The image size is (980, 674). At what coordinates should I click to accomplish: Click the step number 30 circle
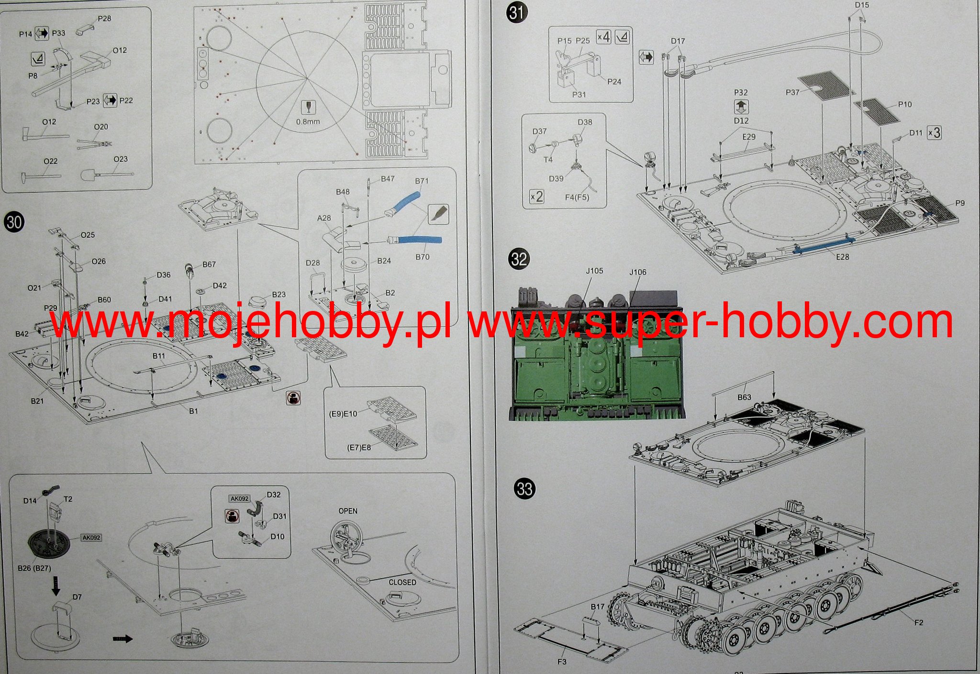tap(14, 222)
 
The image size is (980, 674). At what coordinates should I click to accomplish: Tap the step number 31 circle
tap(516, 12)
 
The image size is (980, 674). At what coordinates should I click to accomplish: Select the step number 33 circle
tap(524, 489)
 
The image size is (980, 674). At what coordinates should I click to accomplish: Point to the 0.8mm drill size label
tap(308, 122)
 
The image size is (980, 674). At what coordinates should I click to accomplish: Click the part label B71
tap(422, 181)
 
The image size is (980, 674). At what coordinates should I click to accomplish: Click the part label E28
tap(842, 257)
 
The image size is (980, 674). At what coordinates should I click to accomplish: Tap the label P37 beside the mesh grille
tap(792, 92)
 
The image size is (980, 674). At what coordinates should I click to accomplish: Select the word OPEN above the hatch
tap(348, 511)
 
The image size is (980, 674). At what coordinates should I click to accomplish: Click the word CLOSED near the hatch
tap(402, 582)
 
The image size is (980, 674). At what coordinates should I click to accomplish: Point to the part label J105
tap(594, 271)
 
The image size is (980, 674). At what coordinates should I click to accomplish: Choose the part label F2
tap(918, 622)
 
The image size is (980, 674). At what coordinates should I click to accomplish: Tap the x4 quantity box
tap(603, 37)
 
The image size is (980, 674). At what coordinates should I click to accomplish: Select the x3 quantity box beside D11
tap(934, 133)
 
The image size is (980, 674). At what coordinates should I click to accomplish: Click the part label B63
tap(744, 397)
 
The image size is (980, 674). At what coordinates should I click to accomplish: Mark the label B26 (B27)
tap(34, 568)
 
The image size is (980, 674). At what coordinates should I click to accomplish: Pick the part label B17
tap(597, 607)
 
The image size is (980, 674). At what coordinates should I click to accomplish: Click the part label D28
tap(312, 263)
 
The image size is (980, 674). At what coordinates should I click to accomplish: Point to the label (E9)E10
tap(343, 414)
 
